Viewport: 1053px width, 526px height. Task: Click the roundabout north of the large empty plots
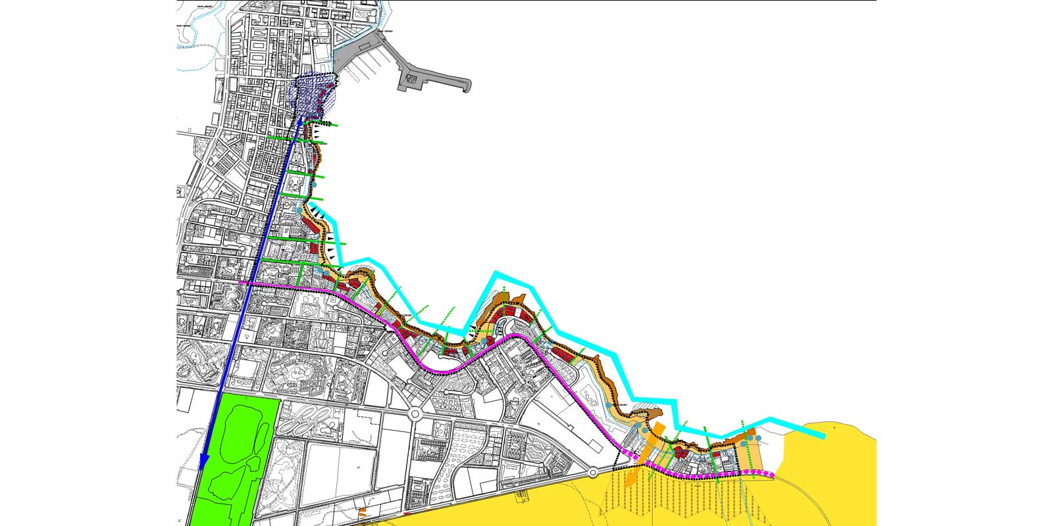point(415,415)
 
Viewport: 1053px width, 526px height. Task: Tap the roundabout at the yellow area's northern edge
point(592,472)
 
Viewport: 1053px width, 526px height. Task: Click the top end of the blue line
point(300,120)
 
